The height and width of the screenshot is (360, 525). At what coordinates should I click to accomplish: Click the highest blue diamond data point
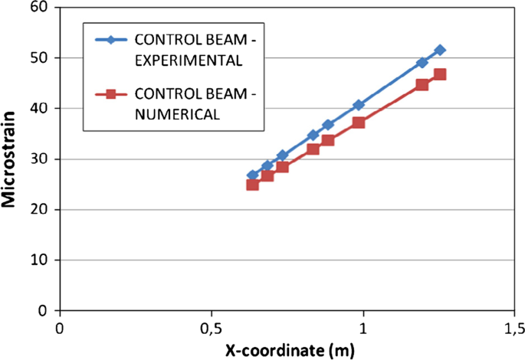click(x=439, y=50)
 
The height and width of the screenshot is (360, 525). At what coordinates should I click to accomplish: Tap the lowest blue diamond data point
click(x=252, y=175)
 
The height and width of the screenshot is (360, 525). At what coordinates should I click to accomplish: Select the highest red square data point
click(x=440, y=74)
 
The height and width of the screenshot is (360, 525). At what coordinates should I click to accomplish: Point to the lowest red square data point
click(x=252, y=185)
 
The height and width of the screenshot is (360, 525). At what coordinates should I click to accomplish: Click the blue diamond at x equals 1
click(x=359, y=105)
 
